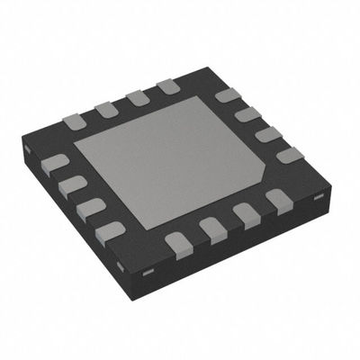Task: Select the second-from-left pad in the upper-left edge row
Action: tap(106, 108)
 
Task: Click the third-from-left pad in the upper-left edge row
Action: tap(137, 97)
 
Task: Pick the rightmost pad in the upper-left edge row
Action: tap(166, 87)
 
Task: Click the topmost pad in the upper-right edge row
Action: tap(226, 94)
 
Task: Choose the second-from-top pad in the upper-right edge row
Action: tap(248, 113)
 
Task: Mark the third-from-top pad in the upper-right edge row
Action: tap(267, 133)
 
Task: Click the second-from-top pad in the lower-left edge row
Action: tap(70, 185)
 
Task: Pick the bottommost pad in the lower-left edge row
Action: tap(109, 230)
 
